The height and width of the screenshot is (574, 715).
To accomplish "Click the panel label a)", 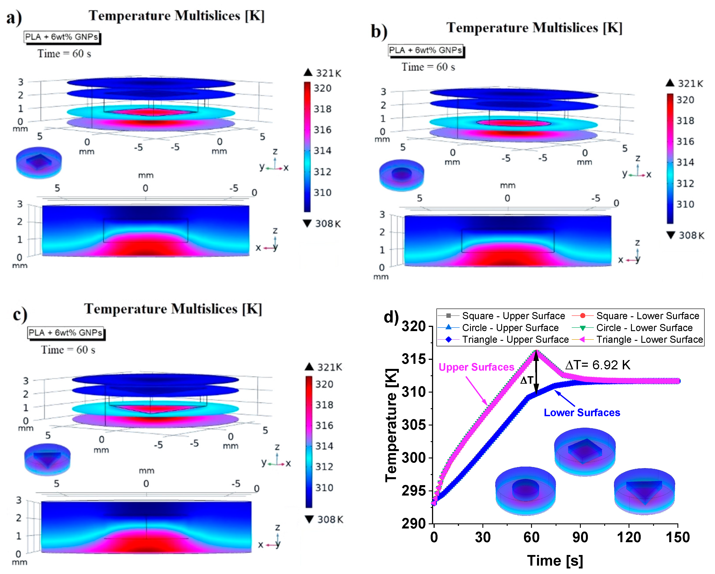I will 14,17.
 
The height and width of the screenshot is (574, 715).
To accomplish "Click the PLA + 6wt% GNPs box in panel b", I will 425,50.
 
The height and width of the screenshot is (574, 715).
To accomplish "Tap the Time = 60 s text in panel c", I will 68,350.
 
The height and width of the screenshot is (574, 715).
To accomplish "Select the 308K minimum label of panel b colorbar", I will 690,235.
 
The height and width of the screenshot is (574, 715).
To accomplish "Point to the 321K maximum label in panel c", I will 329,367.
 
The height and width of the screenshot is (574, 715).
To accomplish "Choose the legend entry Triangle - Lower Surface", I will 649,339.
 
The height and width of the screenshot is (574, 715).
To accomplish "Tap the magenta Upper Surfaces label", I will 476,367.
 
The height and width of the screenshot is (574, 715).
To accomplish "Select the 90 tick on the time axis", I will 580,537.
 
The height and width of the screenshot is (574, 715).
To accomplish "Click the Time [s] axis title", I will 555,561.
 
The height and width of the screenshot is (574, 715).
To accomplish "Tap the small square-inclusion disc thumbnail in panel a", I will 39,162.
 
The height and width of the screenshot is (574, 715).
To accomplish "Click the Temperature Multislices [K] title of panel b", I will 534,28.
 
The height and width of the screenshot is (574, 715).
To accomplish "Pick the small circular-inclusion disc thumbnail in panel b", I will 401,175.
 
